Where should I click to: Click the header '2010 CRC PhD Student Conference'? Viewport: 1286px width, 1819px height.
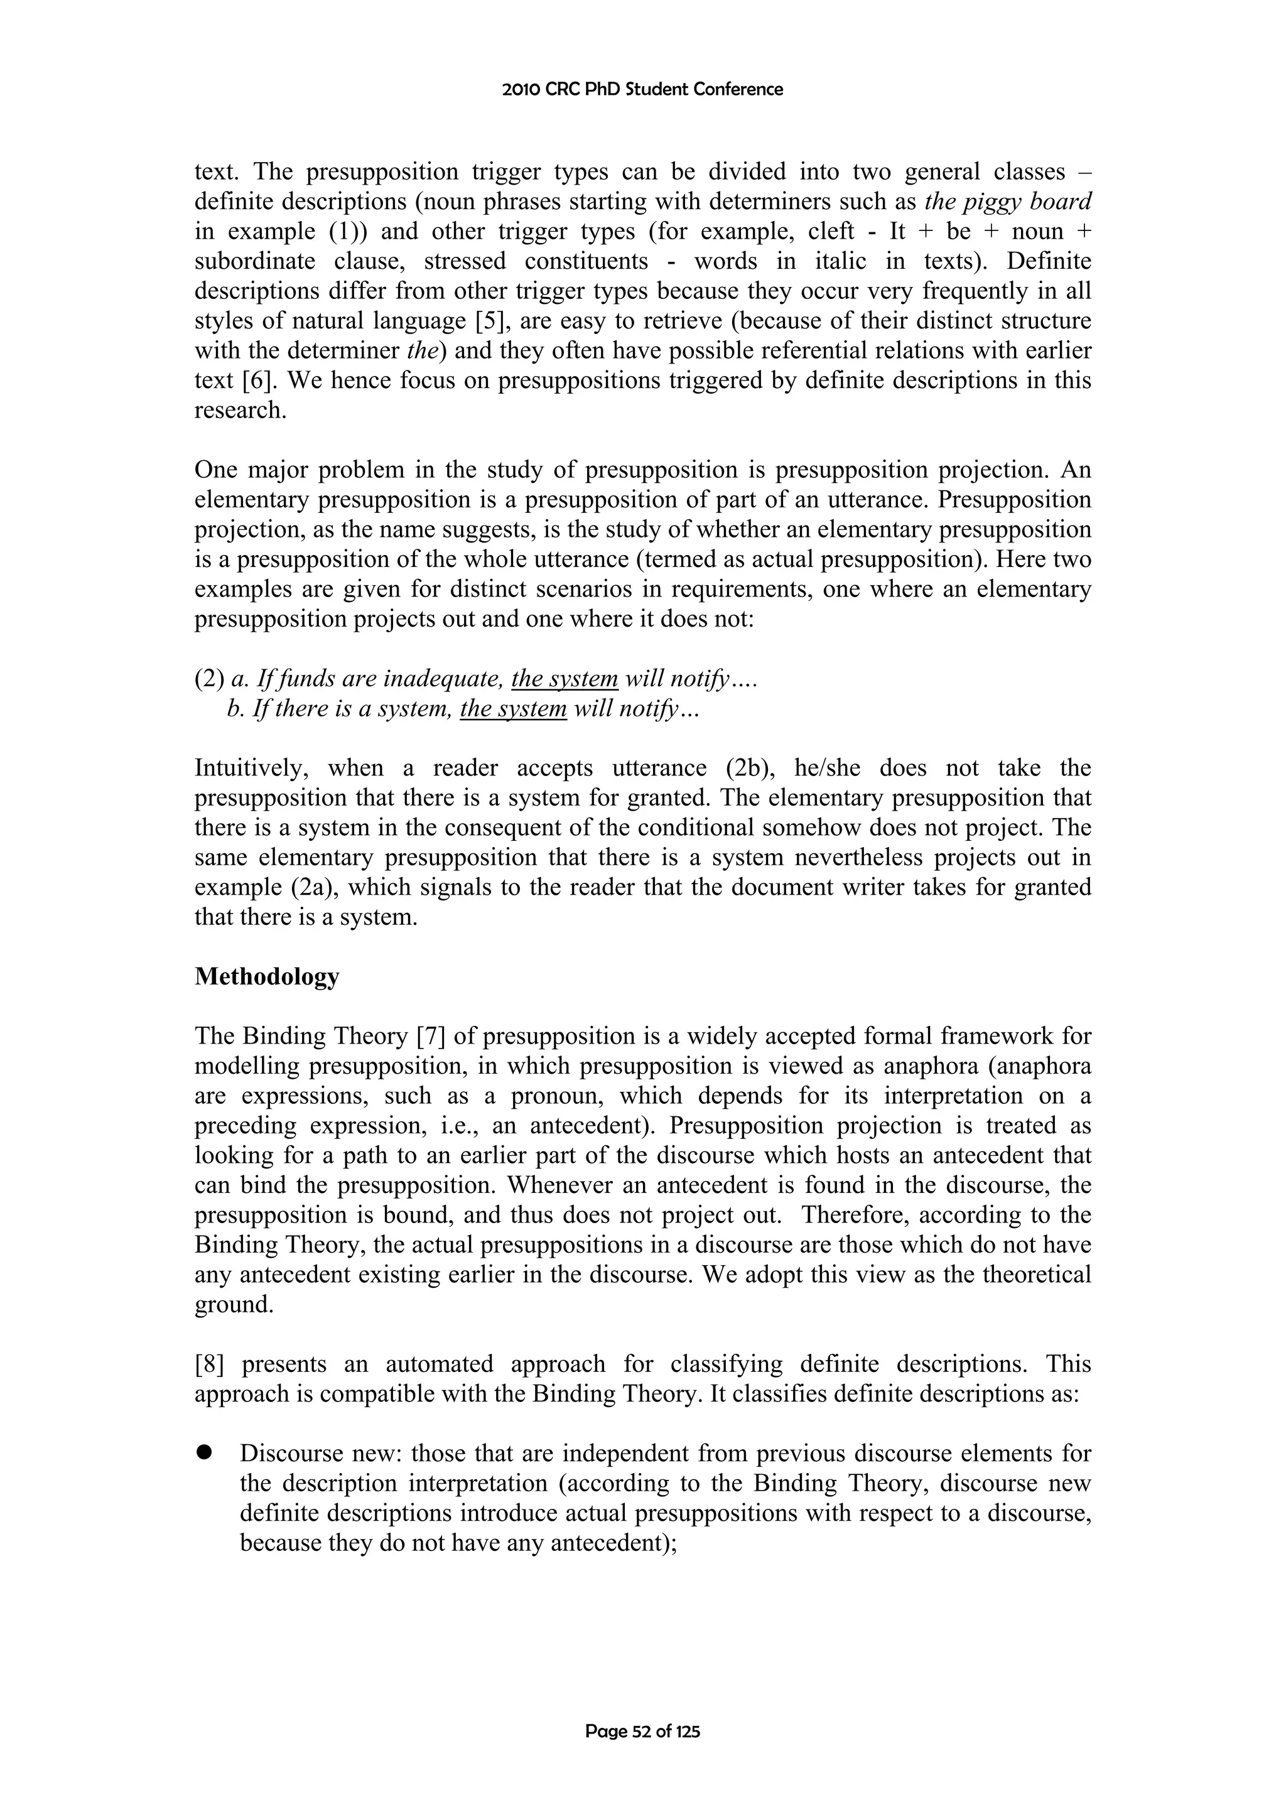[642, 90]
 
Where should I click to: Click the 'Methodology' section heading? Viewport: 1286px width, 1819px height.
[266, 977]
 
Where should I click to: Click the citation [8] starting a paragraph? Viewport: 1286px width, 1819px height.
[210, 1364]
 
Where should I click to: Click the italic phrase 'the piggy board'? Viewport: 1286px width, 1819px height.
[1008, 202]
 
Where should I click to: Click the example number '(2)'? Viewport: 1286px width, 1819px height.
[209, 679]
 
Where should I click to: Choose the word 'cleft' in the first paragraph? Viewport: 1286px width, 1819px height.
[831, 231]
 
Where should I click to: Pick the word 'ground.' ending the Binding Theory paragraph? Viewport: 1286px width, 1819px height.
[234, 1305]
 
